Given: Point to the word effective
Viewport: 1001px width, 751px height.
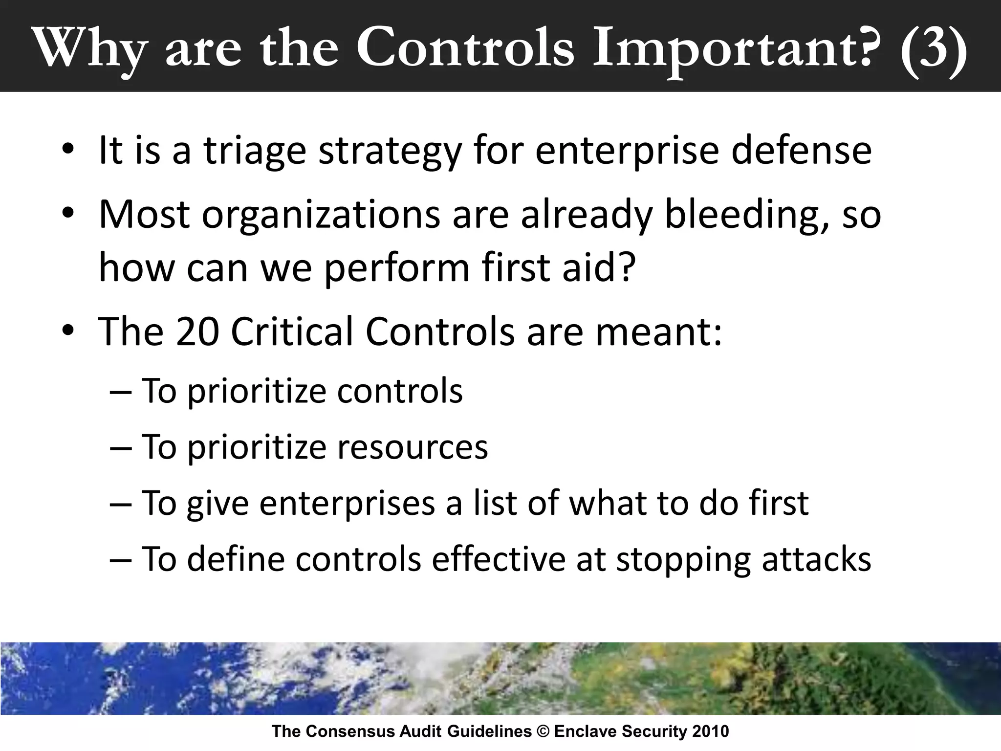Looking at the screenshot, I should tap(499, 559).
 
